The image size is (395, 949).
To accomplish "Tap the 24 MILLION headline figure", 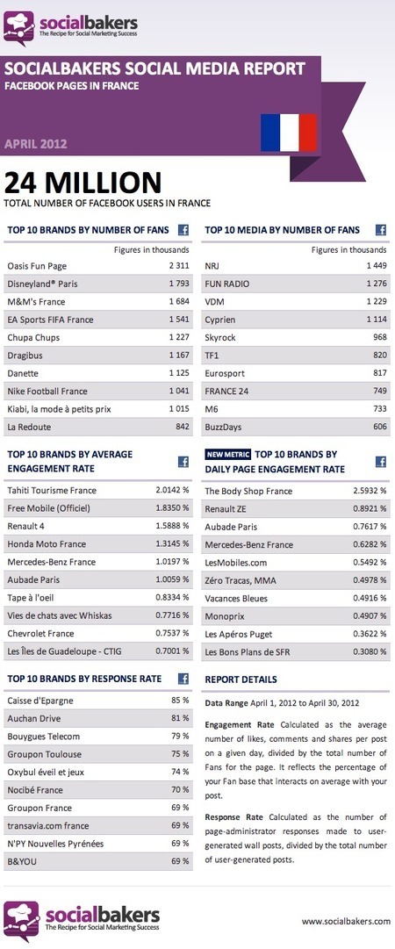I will [x=83, y=183].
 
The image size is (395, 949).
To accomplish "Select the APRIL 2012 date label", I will [x=36, y=143].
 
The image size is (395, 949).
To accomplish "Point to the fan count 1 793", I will [x=178, y=283].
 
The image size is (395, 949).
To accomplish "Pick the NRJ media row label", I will [x=212, y=265].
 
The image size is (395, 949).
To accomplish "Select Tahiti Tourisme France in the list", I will [x=52, y=490].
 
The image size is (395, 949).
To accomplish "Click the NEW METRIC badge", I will [x=227, y=455].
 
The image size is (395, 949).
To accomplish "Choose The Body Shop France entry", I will [x=248, y=492].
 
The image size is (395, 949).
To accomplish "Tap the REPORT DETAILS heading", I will [x=241, y=679].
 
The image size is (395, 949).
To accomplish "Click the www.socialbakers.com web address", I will [x=346, y=921].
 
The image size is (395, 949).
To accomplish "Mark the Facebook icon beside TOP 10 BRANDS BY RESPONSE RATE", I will [x=184, y=679].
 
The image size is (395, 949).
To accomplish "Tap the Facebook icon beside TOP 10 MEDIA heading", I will [x=381, y=230].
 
